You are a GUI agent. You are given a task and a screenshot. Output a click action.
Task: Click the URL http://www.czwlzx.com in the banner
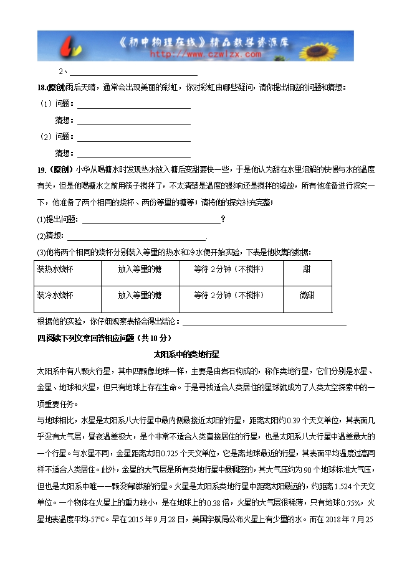(205, 54)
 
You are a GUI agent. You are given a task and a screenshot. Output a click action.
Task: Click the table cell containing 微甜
(307, 295)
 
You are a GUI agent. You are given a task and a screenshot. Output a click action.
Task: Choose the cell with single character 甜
(307, 270)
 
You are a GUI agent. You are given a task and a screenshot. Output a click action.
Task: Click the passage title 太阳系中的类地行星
(186, 354)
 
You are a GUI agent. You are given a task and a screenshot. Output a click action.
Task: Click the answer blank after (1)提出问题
(151, 219)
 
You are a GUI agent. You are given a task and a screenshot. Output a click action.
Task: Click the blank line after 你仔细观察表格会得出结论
(263, 322)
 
